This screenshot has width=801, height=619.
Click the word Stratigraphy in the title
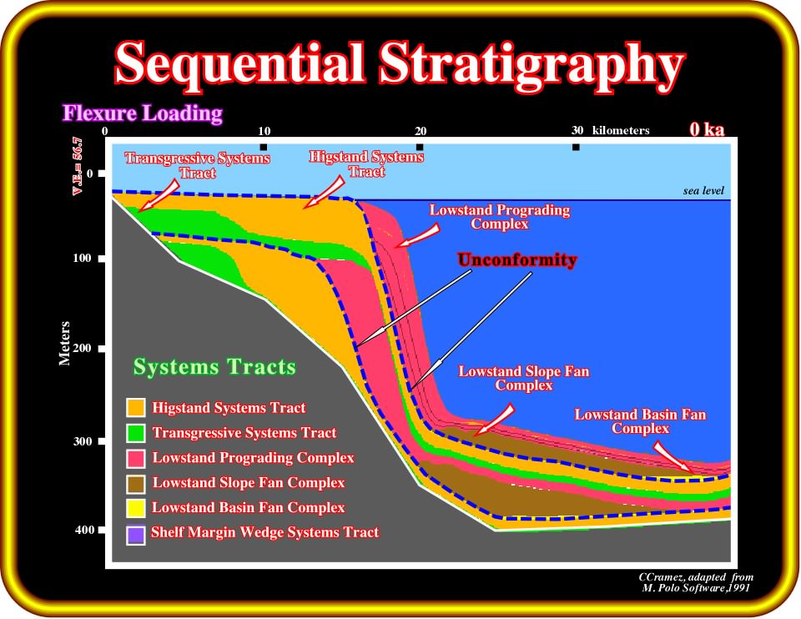(531, 64)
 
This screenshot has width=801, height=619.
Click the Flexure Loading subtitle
(143, 113)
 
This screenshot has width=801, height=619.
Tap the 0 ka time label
(707, 129)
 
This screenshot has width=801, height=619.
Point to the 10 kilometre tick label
(264, 131)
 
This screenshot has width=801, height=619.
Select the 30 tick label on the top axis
(577, 130)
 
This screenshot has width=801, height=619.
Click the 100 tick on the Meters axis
(83, 258)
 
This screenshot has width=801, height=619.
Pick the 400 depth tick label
(84, 530)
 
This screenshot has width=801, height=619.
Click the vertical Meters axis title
(64, 343)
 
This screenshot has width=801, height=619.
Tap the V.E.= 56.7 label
(77, 166)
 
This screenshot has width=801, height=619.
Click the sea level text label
(703, 190)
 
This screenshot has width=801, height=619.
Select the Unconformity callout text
(517, 260)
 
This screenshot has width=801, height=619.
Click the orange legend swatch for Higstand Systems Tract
(136, 408)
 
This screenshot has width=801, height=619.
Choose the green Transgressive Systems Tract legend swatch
(136, 433)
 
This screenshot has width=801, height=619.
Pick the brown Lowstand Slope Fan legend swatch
(136, 484)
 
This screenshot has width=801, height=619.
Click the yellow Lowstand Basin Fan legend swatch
(136, 508)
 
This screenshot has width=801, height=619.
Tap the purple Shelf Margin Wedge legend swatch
(136, 536)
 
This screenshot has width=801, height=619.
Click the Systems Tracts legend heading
(214, 367)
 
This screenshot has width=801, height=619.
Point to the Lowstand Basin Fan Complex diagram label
(640, 421)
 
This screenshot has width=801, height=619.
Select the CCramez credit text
(696, 582)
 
